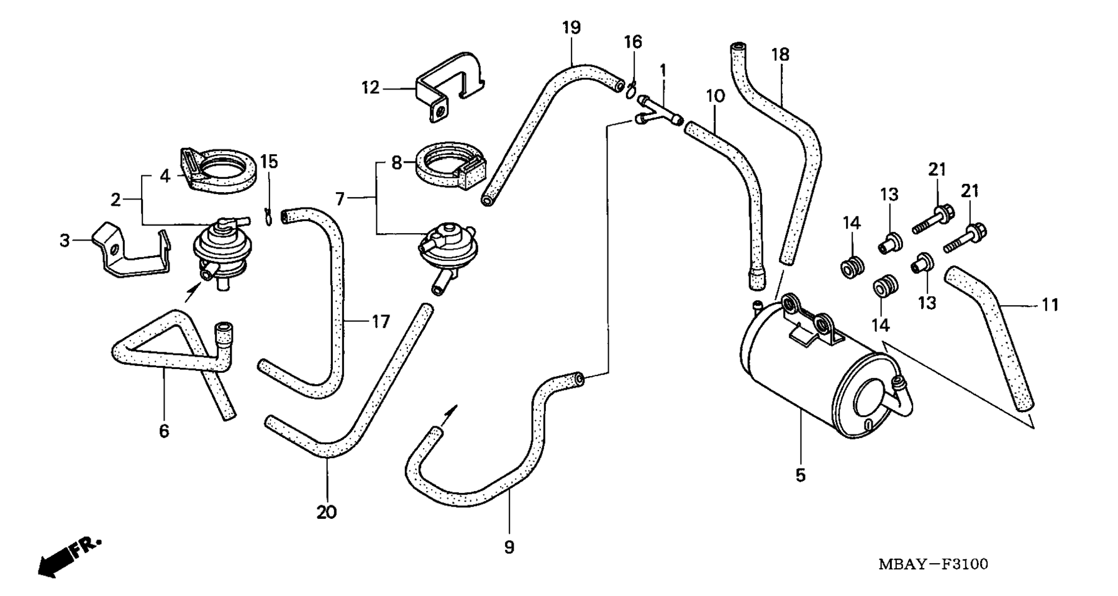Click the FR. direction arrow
(x=68, y=557)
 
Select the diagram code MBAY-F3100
(x=933, y=564)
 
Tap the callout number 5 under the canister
(x=801, y=475)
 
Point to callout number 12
(x=370, y=88)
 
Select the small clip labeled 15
(x=268, y=216)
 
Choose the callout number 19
(x=571, y=28)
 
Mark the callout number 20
(x=326, y=512)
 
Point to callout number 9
(x=509, y=548)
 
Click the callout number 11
(x=1050, y=305)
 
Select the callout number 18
(x=780, y=55)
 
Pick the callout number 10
(x=715, y=96)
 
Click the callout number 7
(x=340, y=199)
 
